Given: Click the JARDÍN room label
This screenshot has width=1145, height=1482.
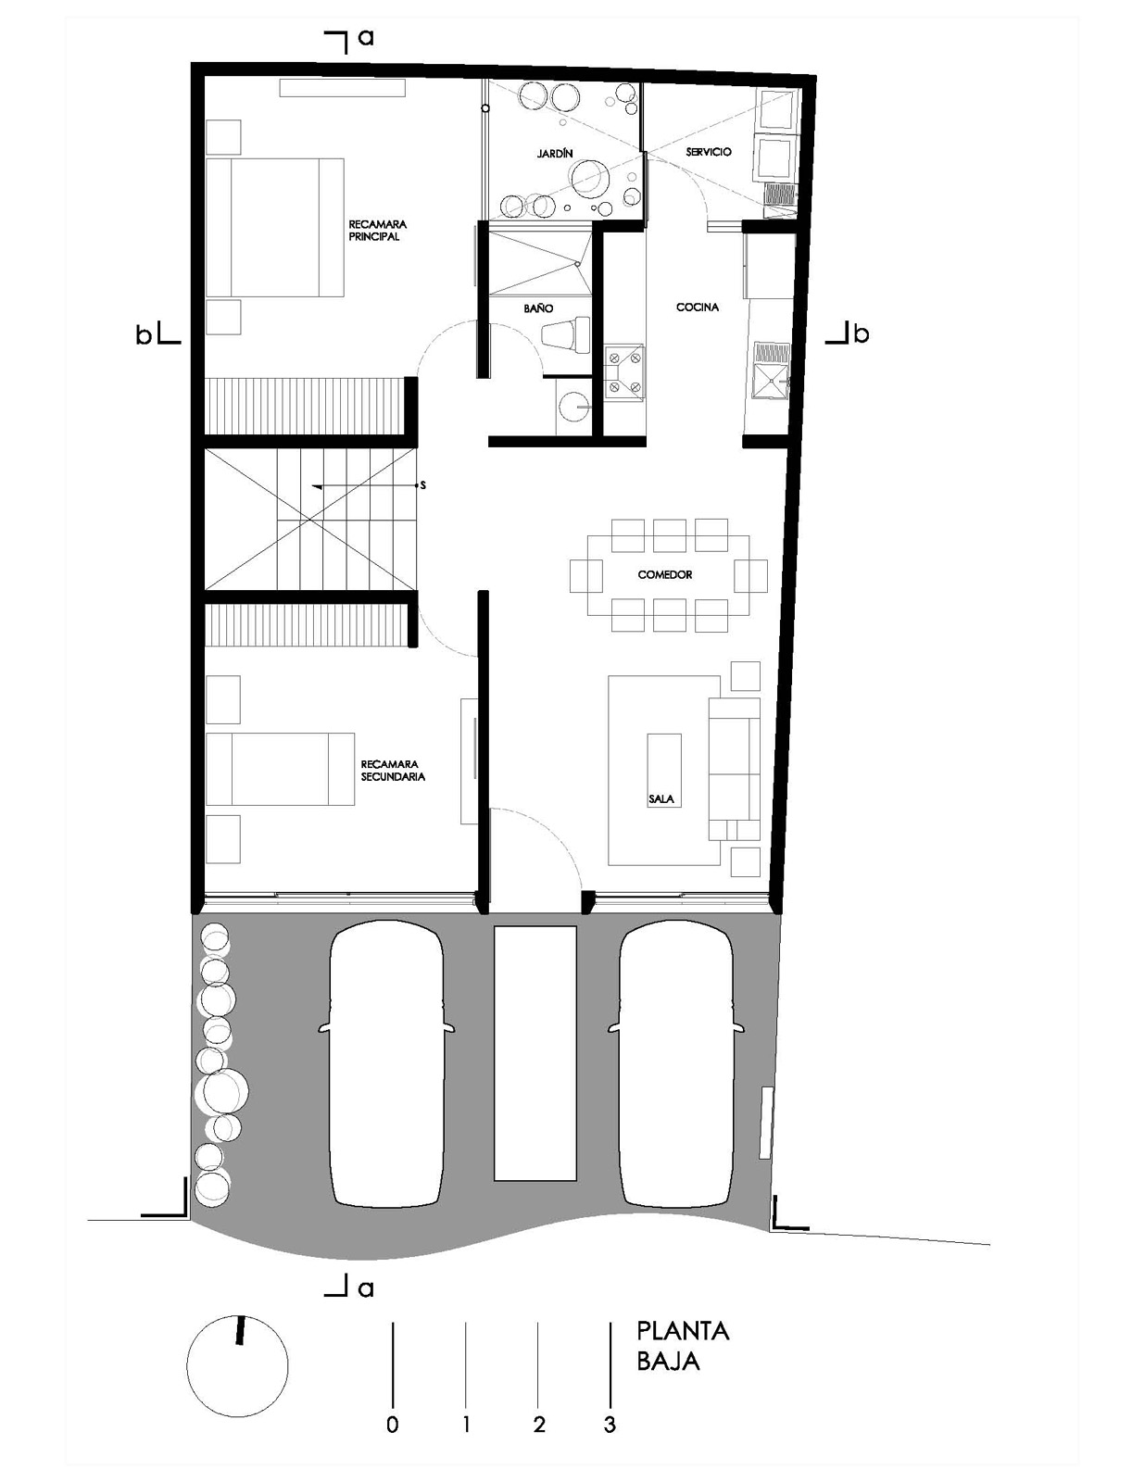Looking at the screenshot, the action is (x=554, y=154).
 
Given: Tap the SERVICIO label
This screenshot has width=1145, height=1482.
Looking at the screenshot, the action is (x=709, y=152).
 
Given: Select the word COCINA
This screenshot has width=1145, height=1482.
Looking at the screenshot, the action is (x=697, y=308).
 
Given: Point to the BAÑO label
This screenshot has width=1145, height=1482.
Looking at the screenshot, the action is (x=538, y=308).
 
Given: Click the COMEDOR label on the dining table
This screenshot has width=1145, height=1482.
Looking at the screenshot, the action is (x=665, y=575).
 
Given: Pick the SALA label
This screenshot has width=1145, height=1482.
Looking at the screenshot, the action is (x=661, y=799).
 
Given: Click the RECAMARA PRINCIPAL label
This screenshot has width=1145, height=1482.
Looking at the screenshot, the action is (x=377, y=231).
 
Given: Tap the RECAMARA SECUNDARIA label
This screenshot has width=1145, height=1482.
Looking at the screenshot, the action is (x=393, y=771).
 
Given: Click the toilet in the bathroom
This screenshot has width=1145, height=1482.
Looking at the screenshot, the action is (x=565, y=334).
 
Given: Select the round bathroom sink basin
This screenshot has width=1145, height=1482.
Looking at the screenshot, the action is (x=572, y=408).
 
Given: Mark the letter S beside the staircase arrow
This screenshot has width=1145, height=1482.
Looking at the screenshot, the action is (x=422, y=485).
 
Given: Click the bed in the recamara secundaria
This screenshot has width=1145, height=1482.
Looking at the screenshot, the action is (x=280, y=770).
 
